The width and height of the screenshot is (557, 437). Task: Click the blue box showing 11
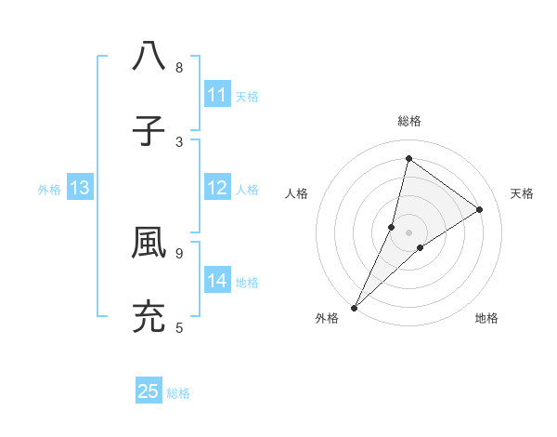pyautogui.click(x=217, y=95)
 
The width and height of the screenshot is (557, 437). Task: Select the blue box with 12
pyautogui.click(x=217, y=188)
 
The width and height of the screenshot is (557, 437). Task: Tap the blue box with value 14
pyautogui.click(x=217, y=281)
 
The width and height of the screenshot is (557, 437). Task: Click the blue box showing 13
pyautogui.click(x=80, y=188)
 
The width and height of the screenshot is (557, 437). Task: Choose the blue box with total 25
pyautogui.click(x=149, y=391)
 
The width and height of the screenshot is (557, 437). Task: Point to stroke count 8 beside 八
pyautogui.click(x=179, y=68)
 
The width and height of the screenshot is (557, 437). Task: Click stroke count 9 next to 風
pyautogui.click(x=179, y=252)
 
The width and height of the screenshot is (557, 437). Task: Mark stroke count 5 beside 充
pyautogui.click(x=179, y=328)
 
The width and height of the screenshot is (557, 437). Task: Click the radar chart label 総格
pyautogui.click(x=408, y=121)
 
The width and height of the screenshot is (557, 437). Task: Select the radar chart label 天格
pyautogui.click(x=522, y=193)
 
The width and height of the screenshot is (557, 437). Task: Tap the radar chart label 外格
pyautogui.click(x=327, y=319)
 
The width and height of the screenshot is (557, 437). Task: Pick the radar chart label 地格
pyautogui.click(x=486, y=319)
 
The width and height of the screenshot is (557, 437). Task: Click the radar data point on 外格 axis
pyautogui.click(x=355, y=307)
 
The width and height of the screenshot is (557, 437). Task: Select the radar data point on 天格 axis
pyautogui.click(x=480, y=209)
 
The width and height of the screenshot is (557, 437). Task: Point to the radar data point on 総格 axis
pyautogui.click(x=408, y=158)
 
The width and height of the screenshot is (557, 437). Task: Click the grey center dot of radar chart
pyautogui.click(x=408, y=232)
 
